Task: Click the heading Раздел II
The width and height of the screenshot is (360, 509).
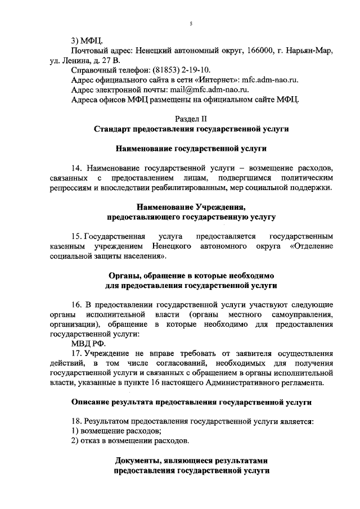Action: pyautogui.click(x=191, y=119)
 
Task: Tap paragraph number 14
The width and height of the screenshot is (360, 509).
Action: pyautogui.click(x=76, y=168)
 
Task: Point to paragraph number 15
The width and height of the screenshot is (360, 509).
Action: pyautogui.click(x=76, y=237)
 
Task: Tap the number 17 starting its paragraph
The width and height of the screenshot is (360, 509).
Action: pyautogui.click(x=76, y=354)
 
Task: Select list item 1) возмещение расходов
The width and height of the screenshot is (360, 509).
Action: pyautogui.click(x=116, y=431)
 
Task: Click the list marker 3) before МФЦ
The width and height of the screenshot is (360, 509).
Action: pyautogui.click(x=76, y=41)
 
